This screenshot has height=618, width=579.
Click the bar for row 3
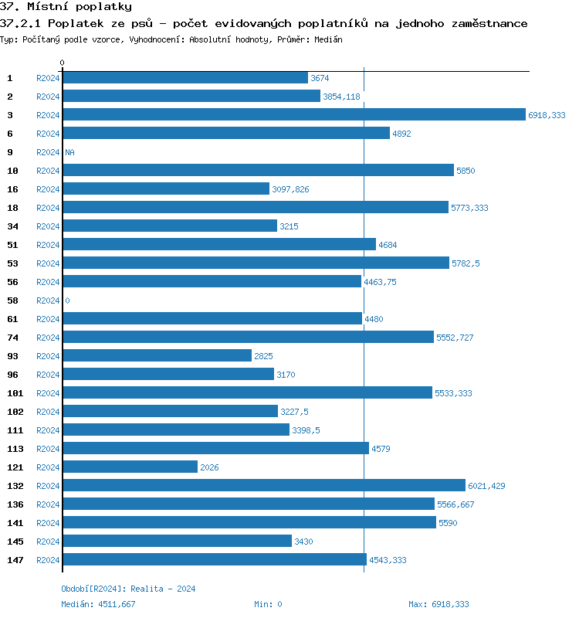coord(293,115)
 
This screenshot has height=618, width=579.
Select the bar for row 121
coord(130,467)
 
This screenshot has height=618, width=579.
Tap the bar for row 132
coord(264,486)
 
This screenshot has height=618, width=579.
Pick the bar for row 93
coord(157,356)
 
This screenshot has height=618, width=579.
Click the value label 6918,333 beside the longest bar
coord(547,115)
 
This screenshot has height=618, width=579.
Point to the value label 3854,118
coord(341,97)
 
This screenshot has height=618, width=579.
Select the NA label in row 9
coord(69,152)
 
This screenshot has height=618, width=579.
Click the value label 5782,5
coord(466,263)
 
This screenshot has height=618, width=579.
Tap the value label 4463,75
coord(380,282)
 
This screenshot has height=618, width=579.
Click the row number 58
coord(12,301)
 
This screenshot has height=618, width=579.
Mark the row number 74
coord(12,338)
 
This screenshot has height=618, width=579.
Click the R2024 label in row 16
coord(48,189)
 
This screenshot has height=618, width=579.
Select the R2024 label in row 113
coord(48,449)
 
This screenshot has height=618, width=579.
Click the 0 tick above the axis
coord(63,63)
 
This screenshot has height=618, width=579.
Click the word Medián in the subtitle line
coord(328,39)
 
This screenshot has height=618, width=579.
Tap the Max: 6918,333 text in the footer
coord(438,604)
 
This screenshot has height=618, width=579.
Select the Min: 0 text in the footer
coord(268,604)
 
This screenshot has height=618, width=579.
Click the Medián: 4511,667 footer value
coord(98,604)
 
